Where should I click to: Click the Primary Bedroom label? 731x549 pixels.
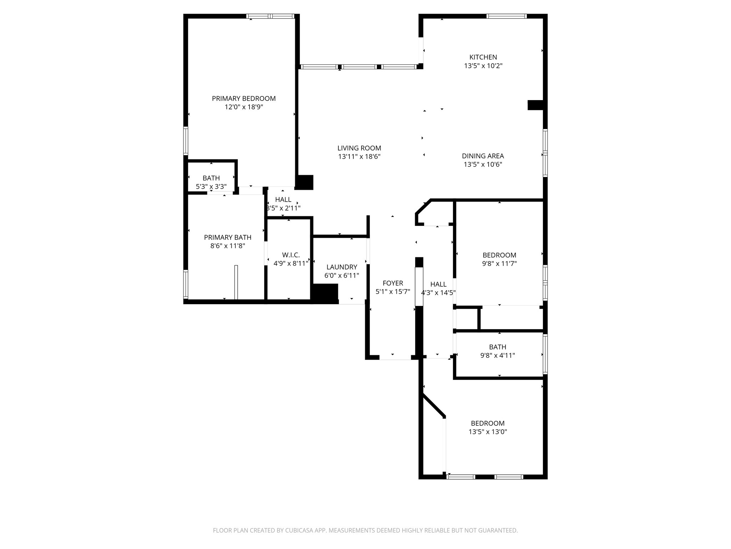tap(244, 99)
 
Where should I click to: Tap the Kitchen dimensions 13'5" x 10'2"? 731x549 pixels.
tap(483, 66)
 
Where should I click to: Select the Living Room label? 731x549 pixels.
tap(359, 148)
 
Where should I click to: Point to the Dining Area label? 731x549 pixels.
tap(483, 156)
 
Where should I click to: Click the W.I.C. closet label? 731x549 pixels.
tap(291, 255)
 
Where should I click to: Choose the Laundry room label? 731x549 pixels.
tap(342, 267)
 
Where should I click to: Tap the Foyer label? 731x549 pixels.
tap(393, 283)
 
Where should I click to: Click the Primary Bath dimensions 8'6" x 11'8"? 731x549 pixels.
tap(228, 246)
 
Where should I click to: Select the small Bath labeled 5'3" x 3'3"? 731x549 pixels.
tap(211, 178)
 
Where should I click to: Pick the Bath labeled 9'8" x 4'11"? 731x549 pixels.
tap(497, 347)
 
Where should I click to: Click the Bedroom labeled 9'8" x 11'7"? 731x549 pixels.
tap(499, 255)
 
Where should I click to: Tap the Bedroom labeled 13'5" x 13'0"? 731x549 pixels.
tap(488, 423)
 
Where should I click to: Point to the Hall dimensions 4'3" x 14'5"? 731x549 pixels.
tap(438, 293)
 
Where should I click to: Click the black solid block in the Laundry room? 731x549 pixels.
tap(325, 293)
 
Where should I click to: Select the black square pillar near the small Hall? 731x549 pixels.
tap(304, 182)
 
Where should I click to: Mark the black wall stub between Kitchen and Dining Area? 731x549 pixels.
tap(535, 105)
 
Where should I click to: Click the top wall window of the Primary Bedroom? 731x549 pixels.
tap(270, 16)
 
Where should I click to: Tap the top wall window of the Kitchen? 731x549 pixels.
tap(506, 16)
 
